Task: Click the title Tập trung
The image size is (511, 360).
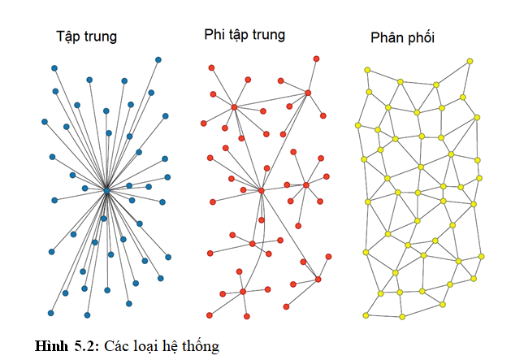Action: click(x=86, y=37)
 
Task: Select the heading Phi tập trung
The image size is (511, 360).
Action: click(x=245, y=35)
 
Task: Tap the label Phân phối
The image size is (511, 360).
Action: click(x=403, y=38)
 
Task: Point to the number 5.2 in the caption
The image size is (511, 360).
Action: click(x=85, y=346)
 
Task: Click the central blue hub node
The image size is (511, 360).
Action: click(x=106, y=191)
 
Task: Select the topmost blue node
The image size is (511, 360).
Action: click(x=158, y=59)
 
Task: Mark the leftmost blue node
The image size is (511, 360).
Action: click(x=45, y=122)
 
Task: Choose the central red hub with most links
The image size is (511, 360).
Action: click(x=262, y=191)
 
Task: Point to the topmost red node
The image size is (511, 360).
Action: click(x=316, y=59)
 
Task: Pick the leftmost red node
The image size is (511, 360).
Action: click(x=204, y=124)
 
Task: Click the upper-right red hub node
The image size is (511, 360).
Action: click(x=308, y=93)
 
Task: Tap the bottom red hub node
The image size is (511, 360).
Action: click(x=243, y=291)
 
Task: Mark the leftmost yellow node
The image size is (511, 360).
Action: click(x=357, y=125)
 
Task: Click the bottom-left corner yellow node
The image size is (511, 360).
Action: click(x=366, y=314)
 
